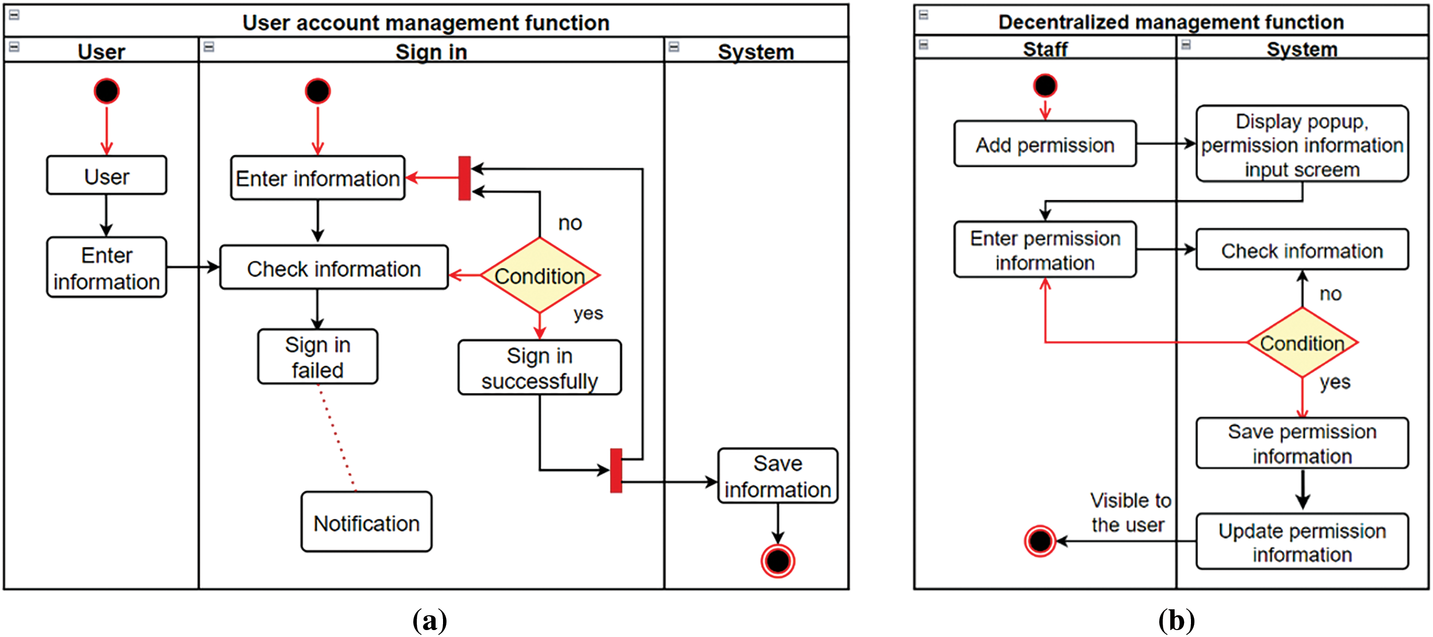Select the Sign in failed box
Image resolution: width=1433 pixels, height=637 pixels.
click(318, 357)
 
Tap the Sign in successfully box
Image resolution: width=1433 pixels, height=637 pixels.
click(539, 368)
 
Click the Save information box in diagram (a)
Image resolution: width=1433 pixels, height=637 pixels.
click(777, 476)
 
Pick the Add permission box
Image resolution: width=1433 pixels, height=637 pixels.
click(1045, 144)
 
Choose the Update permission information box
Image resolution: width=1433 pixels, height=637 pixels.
click(1302, 542)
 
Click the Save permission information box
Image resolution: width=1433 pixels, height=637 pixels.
click(1302, 444)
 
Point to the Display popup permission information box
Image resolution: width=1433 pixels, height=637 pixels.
click(1302, 144)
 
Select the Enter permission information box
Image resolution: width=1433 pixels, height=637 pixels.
click(1045, 250)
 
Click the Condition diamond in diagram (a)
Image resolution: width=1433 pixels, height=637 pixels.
click(539, 275)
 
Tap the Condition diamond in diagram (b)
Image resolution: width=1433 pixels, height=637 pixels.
click(1302, 342)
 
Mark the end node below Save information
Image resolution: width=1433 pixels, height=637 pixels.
click(777, 561)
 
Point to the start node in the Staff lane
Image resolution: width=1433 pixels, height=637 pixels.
click(1045, 86)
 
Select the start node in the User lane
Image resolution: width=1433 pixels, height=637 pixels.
click(106, 91)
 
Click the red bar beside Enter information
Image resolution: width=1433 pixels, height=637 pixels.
click(464, 179)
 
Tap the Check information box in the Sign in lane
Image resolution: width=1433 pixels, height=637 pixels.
click(334, 268)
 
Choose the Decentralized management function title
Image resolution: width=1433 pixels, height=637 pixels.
click(1171, 22)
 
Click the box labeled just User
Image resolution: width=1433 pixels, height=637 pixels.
click(106, 176)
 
